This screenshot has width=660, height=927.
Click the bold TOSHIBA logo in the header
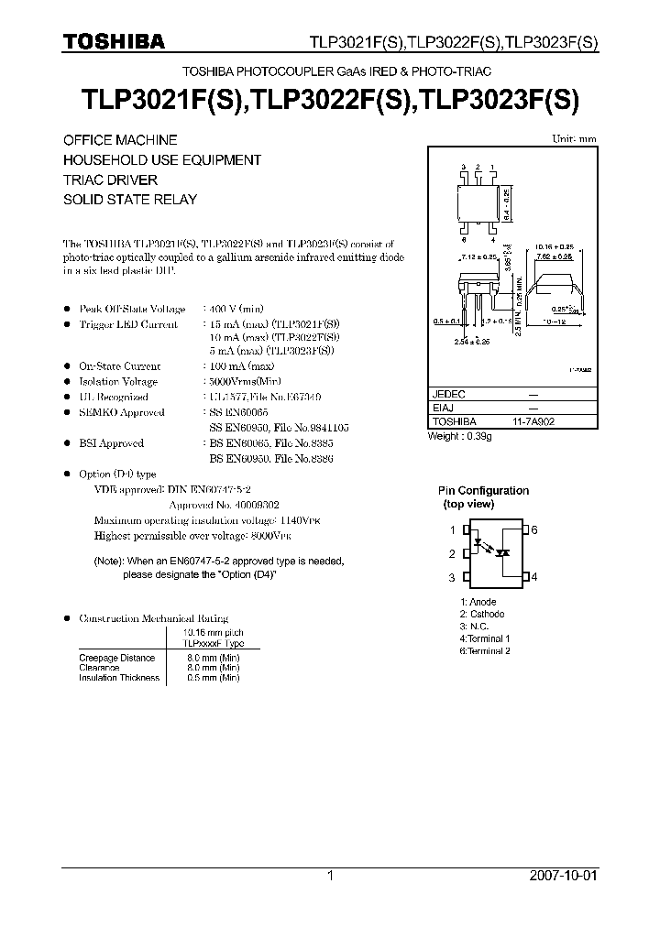(x=114, y=41)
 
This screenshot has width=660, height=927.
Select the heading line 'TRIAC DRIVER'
(x=110, y=180)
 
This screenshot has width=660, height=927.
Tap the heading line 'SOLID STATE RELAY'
(x=130, y=199)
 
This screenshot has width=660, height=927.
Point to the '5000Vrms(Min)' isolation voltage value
(x=243, y=381)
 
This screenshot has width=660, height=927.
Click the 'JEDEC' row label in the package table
(x=449, y=394)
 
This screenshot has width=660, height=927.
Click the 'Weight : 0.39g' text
(x=460, y=437)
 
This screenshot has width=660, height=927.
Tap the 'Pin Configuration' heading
(x=483, y=491)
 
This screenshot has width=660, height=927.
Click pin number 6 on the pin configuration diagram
(x=534, y=530)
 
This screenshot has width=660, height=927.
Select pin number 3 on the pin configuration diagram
(x=452, y=577)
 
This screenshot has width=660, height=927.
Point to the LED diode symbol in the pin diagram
(x=480, y=542)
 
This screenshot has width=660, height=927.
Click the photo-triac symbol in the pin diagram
(x=502, y=553)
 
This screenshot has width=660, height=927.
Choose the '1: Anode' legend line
(x=478, y=603)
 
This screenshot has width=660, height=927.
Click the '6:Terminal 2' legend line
(x=485, y=650)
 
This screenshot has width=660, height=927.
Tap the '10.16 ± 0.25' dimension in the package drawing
(x=555, y=247)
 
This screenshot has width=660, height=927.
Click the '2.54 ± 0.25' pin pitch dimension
(x=472, y=341)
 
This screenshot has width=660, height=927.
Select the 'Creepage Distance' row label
(x=117, y=658)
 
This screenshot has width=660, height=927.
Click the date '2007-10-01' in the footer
(x=564, y=876)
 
